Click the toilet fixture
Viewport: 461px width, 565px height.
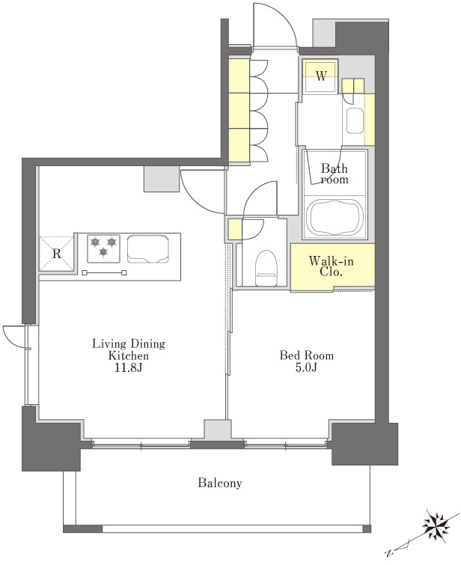(266, 268)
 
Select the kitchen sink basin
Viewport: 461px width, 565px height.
(147, 249)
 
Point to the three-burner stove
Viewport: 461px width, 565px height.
(104, 248)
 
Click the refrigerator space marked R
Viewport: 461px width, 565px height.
(57, 254)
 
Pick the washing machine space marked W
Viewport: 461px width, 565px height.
(320, 76)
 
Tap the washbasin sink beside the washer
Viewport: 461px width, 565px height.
(355, 120)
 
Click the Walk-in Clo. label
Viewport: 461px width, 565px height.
(332, 266)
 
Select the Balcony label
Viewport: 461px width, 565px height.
(220, 483)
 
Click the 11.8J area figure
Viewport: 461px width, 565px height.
(129, 368)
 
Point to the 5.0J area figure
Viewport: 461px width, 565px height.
(306, 368)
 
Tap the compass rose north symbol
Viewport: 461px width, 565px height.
(436, 526)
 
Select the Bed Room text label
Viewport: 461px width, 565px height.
(306, 355)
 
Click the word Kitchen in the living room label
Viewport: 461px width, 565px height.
(129, 355)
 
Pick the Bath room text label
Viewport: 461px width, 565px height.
(335, 174)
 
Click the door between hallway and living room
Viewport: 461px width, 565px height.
(202, 192)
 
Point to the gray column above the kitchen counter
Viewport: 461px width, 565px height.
(162, 179)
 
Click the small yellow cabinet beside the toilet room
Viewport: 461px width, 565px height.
(234, 230)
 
